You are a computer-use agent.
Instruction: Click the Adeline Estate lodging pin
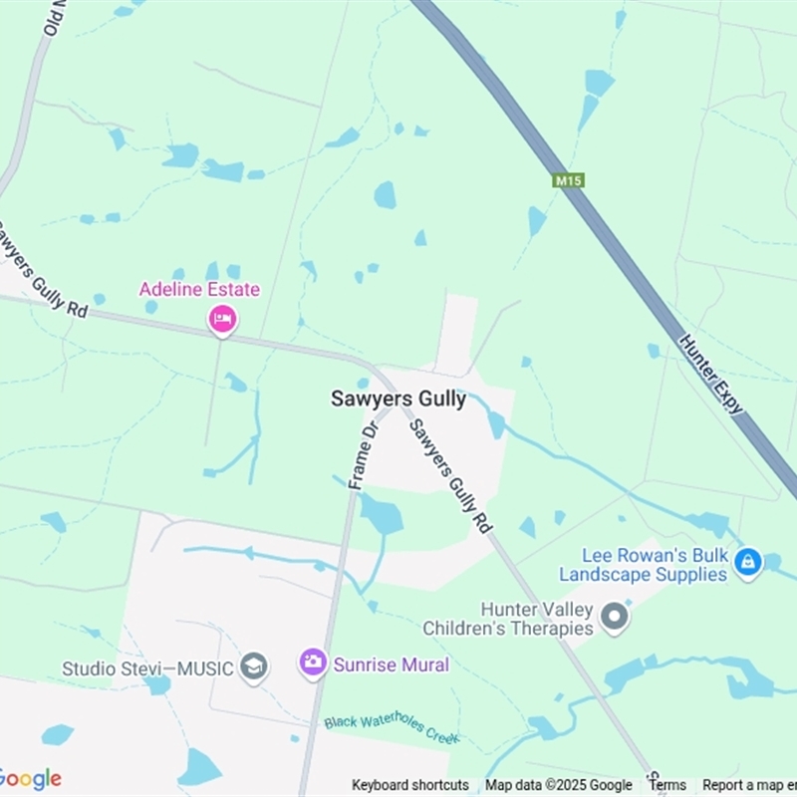click(x=222, y=319)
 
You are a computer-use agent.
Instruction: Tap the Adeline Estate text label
click(x=199, y=290)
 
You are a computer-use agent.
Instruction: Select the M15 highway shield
click(x=568, y=180)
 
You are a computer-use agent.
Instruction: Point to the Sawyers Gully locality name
click(x=398, y=398)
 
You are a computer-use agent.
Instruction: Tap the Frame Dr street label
click(x=365, y=453)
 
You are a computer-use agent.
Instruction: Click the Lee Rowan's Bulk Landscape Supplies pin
click(x=747, y=562)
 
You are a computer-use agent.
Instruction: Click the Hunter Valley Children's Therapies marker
click(x=615, y=617)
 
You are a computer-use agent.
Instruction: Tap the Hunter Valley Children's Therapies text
click(x=508, y=619)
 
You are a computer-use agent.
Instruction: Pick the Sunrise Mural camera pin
click(x=313, y=663)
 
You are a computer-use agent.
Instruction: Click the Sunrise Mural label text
click(x=392, y=664)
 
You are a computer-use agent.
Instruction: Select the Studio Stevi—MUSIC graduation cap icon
click(x=254, y=666)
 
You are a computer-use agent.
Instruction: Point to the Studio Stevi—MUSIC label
click(x=147, y=668)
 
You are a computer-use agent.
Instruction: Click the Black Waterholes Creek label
click(x=392, y=728)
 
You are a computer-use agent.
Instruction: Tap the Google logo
click(x=30, y=778)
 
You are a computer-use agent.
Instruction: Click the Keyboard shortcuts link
click(x=410, y=785)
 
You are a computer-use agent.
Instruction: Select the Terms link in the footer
click(x=667, y=785)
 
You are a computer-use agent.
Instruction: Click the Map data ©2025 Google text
click(x=559, y=785)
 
